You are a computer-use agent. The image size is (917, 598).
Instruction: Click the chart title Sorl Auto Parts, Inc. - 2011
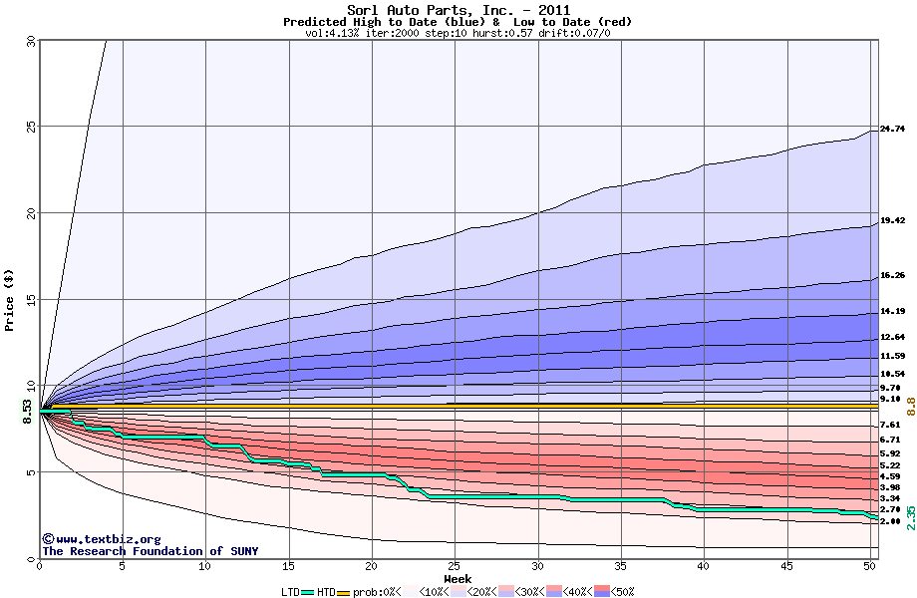pyautogui.click(x=458, y=9)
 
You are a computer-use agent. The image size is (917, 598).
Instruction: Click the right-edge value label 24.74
pyautogui.click(x=892, y=129)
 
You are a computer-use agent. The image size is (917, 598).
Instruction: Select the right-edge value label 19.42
pyautogui.click(x=892, y=220)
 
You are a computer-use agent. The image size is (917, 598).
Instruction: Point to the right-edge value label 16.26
pyautogui.click(x=892, y=275)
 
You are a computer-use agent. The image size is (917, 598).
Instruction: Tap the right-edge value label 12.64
pyautogui.click(x=892, y=337)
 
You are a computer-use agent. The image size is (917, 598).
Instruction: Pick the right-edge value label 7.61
pyautogui.click(x=892, y=425)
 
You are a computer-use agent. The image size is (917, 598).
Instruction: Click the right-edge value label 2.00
pyautogui.click(x=892, y=521)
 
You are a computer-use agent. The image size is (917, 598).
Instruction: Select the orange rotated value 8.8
pyautogui.click(x=910, y=407)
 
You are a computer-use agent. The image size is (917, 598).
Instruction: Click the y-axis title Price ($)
pyautogui.click(x=10, y=300)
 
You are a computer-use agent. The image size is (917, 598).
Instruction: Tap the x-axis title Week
pyautogui.click(x=458, y=579)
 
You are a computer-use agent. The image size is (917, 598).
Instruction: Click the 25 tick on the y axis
pyautogui.click(x=30, y=127)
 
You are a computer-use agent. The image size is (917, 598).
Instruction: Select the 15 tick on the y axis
pyautogui.click(x=30, y=300)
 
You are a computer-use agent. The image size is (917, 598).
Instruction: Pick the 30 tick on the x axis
pyautogui.click(x=537, y=567)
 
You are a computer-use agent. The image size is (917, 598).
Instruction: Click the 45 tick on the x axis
pyautogui.click(x=786, y=567)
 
